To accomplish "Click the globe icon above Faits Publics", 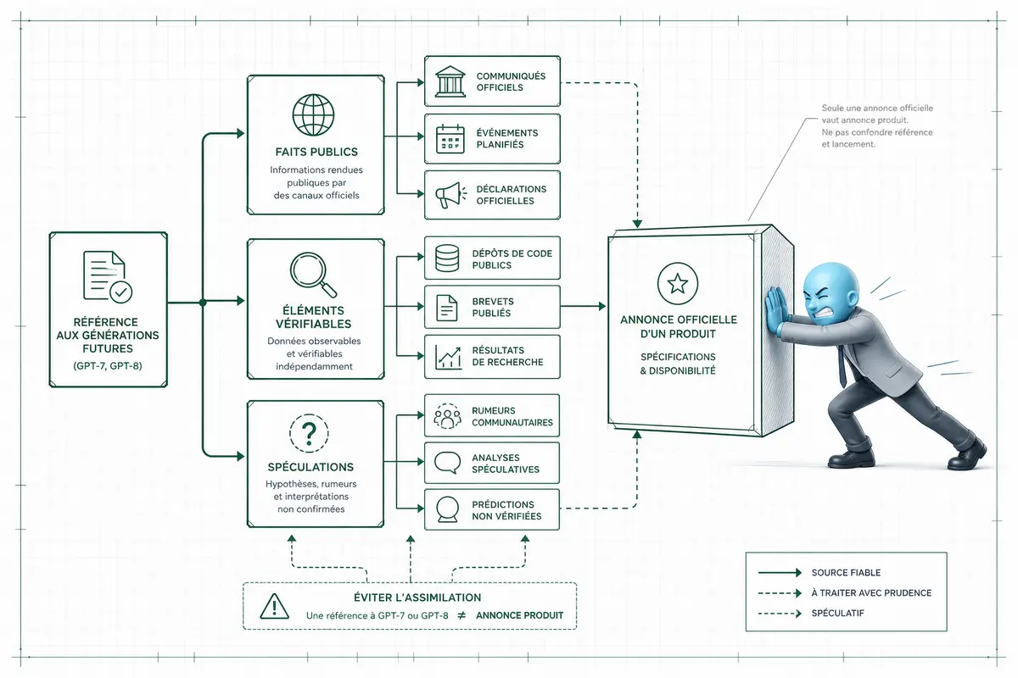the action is coord(313,115).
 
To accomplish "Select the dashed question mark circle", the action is coord(309,433).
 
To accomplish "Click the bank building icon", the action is coord(450,81).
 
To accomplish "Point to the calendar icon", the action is coord(450,139).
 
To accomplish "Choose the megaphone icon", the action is coord(450,195).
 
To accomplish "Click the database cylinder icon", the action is coord(447,258).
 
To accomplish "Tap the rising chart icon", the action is coord(449,357).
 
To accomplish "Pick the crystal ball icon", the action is coord(447,509).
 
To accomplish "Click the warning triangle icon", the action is coord(275,606).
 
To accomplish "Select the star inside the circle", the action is coord(678,283).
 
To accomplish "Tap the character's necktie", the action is coord(842,364).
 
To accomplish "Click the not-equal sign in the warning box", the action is coord(461,615).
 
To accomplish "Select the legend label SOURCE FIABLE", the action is coord(846,573).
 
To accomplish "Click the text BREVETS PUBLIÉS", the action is coord(493,307).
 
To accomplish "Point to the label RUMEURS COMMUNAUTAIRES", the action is coord(512,416).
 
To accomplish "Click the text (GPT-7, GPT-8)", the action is coord(108,365).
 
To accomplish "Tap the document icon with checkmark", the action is coord(108,276).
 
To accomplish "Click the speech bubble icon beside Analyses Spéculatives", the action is coord(448,463).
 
